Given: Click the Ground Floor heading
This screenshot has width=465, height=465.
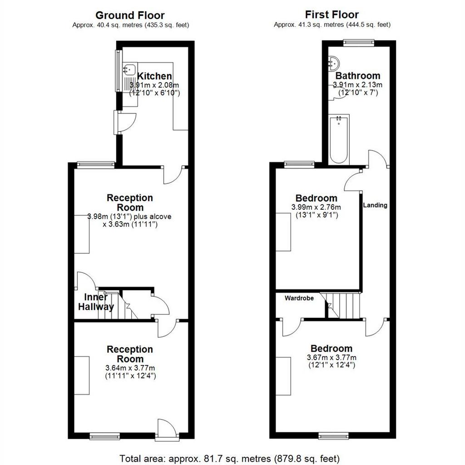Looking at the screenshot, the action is pyautogui.click(x=130, y=15).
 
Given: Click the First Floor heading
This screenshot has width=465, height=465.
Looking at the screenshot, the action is pyautogui.click(x=332, y=15).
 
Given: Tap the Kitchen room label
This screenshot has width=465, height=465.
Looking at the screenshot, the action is pyautogui.click(x=154, y=76).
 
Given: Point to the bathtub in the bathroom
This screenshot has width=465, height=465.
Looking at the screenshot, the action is pyautogui.click(x=339, y=139).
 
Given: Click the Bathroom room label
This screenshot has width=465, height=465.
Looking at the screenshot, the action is pyautogui.click(x=358, y=76).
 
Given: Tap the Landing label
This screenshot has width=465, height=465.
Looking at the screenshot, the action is pyautogui.click(x=375, y=205).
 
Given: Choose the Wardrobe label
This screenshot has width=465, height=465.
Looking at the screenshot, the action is pyautogui.click(x=299, y=298).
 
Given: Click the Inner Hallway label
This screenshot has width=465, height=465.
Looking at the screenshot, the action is pyautogui.click(x=96, y=302).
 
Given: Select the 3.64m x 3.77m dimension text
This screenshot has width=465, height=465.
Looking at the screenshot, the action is pyautogui.click(x=130, y=368).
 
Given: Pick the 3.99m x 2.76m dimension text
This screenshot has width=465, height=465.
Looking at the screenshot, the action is pyautogui.click(x=316, y=207).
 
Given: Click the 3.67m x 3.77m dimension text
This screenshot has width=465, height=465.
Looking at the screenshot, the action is pyautogui.click(x=331, y=358).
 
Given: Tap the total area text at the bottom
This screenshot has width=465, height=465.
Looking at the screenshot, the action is pyautogui.click(x=229, y=459).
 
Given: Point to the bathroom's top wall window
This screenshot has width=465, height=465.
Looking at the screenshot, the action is pyautogui.click(x=359, y=43).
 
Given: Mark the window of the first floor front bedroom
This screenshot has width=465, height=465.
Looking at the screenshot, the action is pyautogui.click(x=334, y=435).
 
